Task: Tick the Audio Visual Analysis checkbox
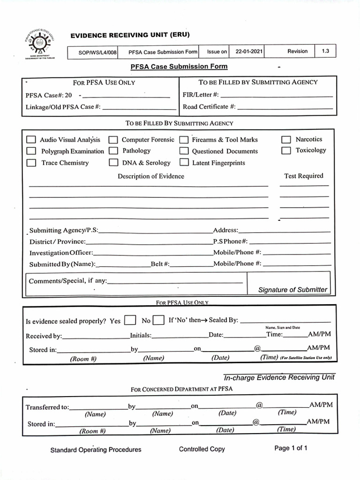tap(31, 140)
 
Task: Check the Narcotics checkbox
tap(286, 139)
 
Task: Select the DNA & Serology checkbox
tap(113, 163)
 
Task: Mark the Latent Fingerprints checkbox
tap(184, 163)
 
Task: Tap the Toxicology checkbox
tap(286, 150)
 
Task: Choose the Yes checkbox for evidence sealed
tap(131, 321)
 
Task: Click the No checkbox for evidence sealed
tap(159, 321)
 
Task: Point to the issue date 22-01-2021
tap(249, 52)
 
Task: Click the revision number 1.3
tap(326, 52)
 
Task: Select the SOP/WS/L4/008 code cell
tap(97, 52)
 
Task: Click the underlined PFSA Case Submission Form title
tap(179, 67)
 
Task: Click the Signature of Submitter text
tap(292, 290)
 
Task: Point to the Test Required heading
tap(303, 176)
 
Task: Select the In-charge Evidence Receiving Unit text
tap(279, 377)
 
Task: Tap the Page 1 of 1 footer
tap(291, 448)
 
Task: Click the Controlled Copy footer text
tap(202, 449)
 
